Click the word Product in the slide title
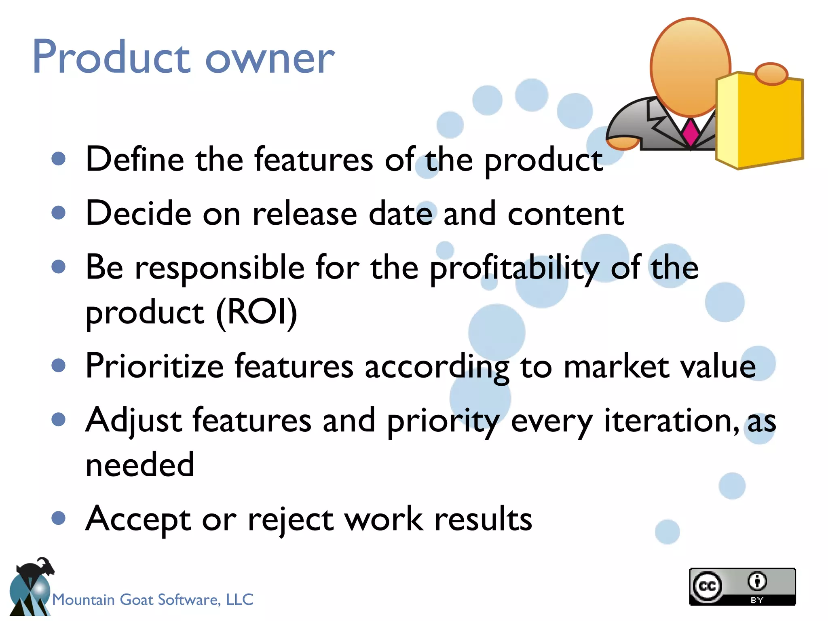(x=111, y=57)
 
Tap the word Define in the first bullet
(x=135, y=159)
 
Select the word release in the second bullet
(x=305, y=213)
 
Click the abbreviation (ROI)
(x=257, y=312)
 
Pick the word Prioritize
(x=154, y=366)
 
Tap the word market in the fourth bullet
(x=616, y=366)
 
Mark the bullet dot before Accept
(x=59, y=518)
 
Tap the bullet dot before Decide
(x=59, y=213)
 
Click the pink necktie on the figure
(x=691, y=132)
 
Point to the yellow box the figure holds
(x=760, y=121)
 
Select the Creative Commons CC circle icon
(x=707, y=586)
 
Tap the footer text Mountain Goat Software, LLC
(x=153, y=599)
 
